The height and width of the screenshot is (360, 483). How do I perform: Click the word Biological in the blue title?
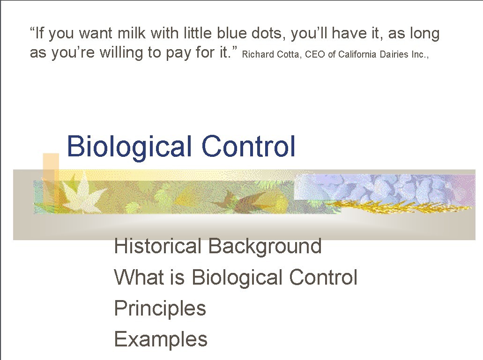[129, 147]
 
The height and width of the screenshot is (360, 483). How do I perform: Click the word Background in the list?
[265, 247]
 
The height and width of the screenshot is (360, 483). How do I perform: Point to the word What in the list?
[139, 277]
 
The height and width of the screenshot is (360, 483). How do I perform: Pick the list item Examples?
[161, 339]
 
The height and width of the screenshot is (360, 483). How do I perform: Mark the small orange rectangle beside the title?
[51, 178]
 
